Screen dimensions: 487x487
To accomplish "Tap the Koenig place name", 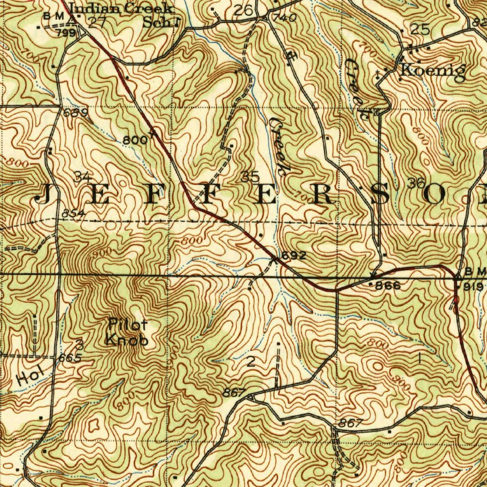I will point(432,70).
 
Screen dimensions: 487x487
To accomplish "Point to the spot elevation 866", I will point(388,286).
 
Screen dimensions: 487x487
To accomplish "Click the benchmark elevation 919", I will point(473,286).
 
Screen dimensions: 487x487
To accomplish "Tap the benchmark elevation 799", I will point(65,33).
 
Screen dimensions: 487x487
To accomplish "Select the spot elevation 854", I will point(73,214).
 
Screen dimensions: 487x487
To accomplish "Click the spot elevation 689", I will point(75,113).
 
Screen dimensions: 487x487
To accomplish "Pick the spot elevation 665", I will point(70,358).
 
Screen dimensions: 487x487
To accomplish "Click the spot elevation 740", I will point(285,18).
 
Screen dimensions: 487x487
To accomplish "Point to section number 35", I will point(250,177).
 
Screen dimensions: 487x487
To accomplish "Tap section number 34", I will point(83,177).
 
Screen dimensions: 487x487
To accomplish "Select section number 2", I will point(251,362).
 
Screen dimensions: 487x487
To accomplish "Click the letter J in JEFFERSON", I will point(44,195).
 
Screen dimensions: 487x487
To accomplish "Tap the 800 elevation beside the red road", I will point(133,140).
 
